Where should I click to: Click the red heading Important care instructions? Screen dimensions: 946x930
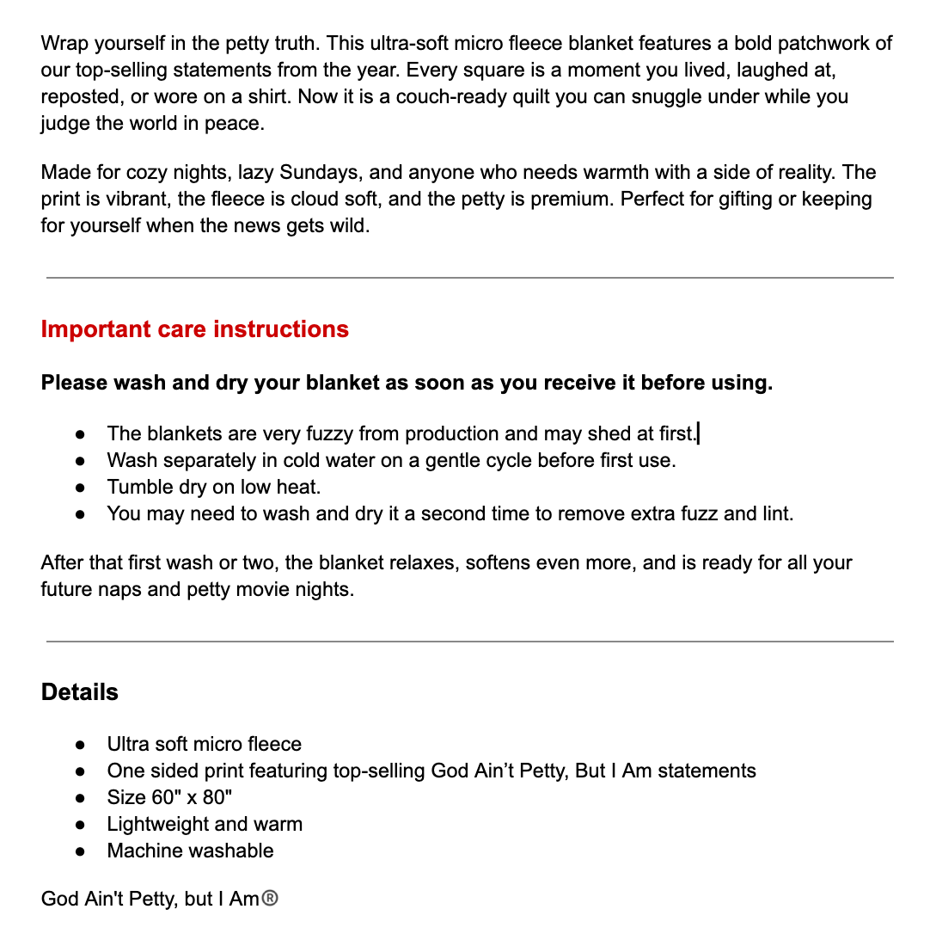point(195,329)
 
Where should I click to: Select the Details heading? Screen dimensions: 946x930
point(80,692)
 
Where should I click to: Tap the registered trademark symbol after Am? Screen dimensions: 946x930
point(270,900)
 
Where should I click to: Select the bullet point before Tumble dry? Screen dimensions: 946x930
point(80,488)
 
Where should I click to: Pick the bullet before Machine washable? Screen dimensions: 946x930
point(80,851)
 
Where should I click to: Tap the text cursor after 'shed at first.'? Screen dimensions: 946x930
point(699,433)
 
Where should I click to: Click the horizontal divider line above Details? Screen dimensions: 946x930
point(469,642)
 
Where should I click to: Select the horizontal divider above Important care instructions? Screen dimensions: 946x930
point(469,278)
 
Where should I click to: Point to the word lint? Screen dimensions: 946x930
point(774,514)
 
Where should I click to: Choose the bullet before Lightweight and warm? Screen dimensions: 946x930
point(80,825)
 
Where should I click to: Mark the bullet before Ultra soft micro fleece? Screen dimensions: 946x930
point(80,745)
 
